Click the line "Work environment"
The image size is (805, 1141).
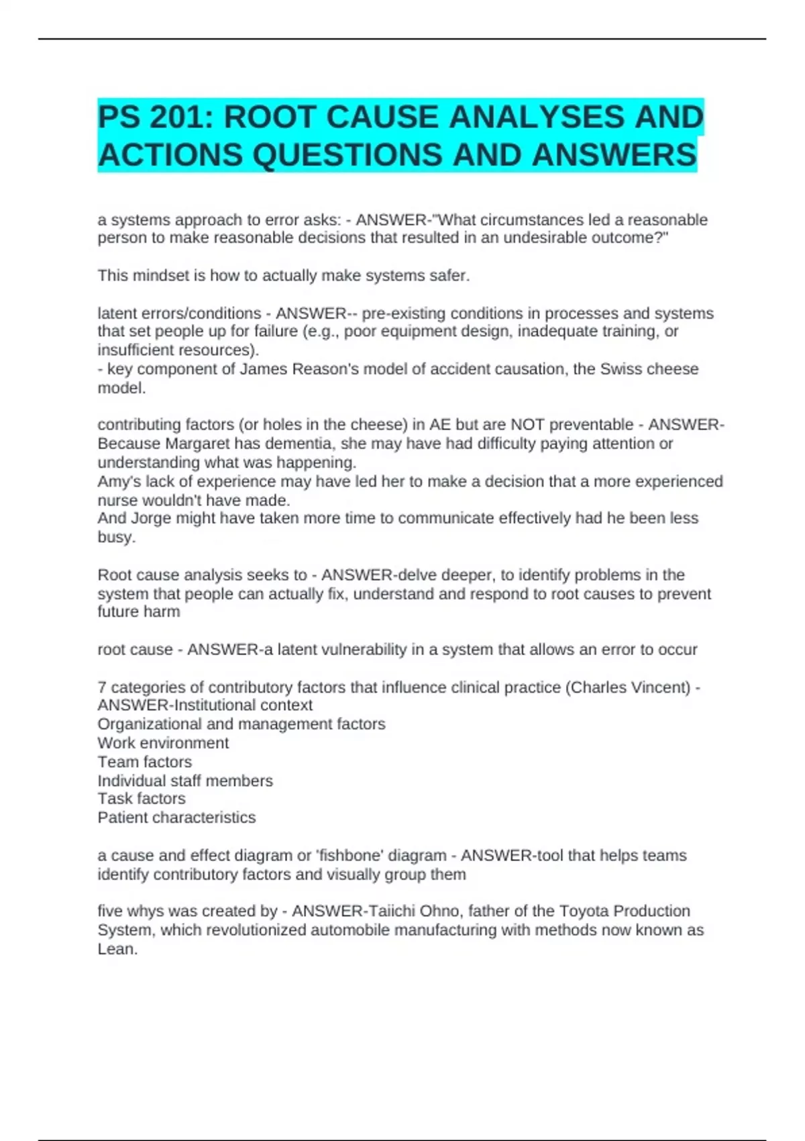pyautogui.click(x=163, y=743)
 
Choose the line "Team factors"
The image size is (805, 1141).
pyautogui.click(x=144, y=762)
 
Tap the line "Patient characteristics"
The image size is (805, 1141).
pyautogui.click(x=176, y=817)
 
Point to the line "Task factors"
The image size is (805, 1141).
pyautogui.click(x=142, y=799)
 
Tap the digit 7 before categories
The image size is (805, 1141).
pyautogui.click(x=102, y=687)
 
